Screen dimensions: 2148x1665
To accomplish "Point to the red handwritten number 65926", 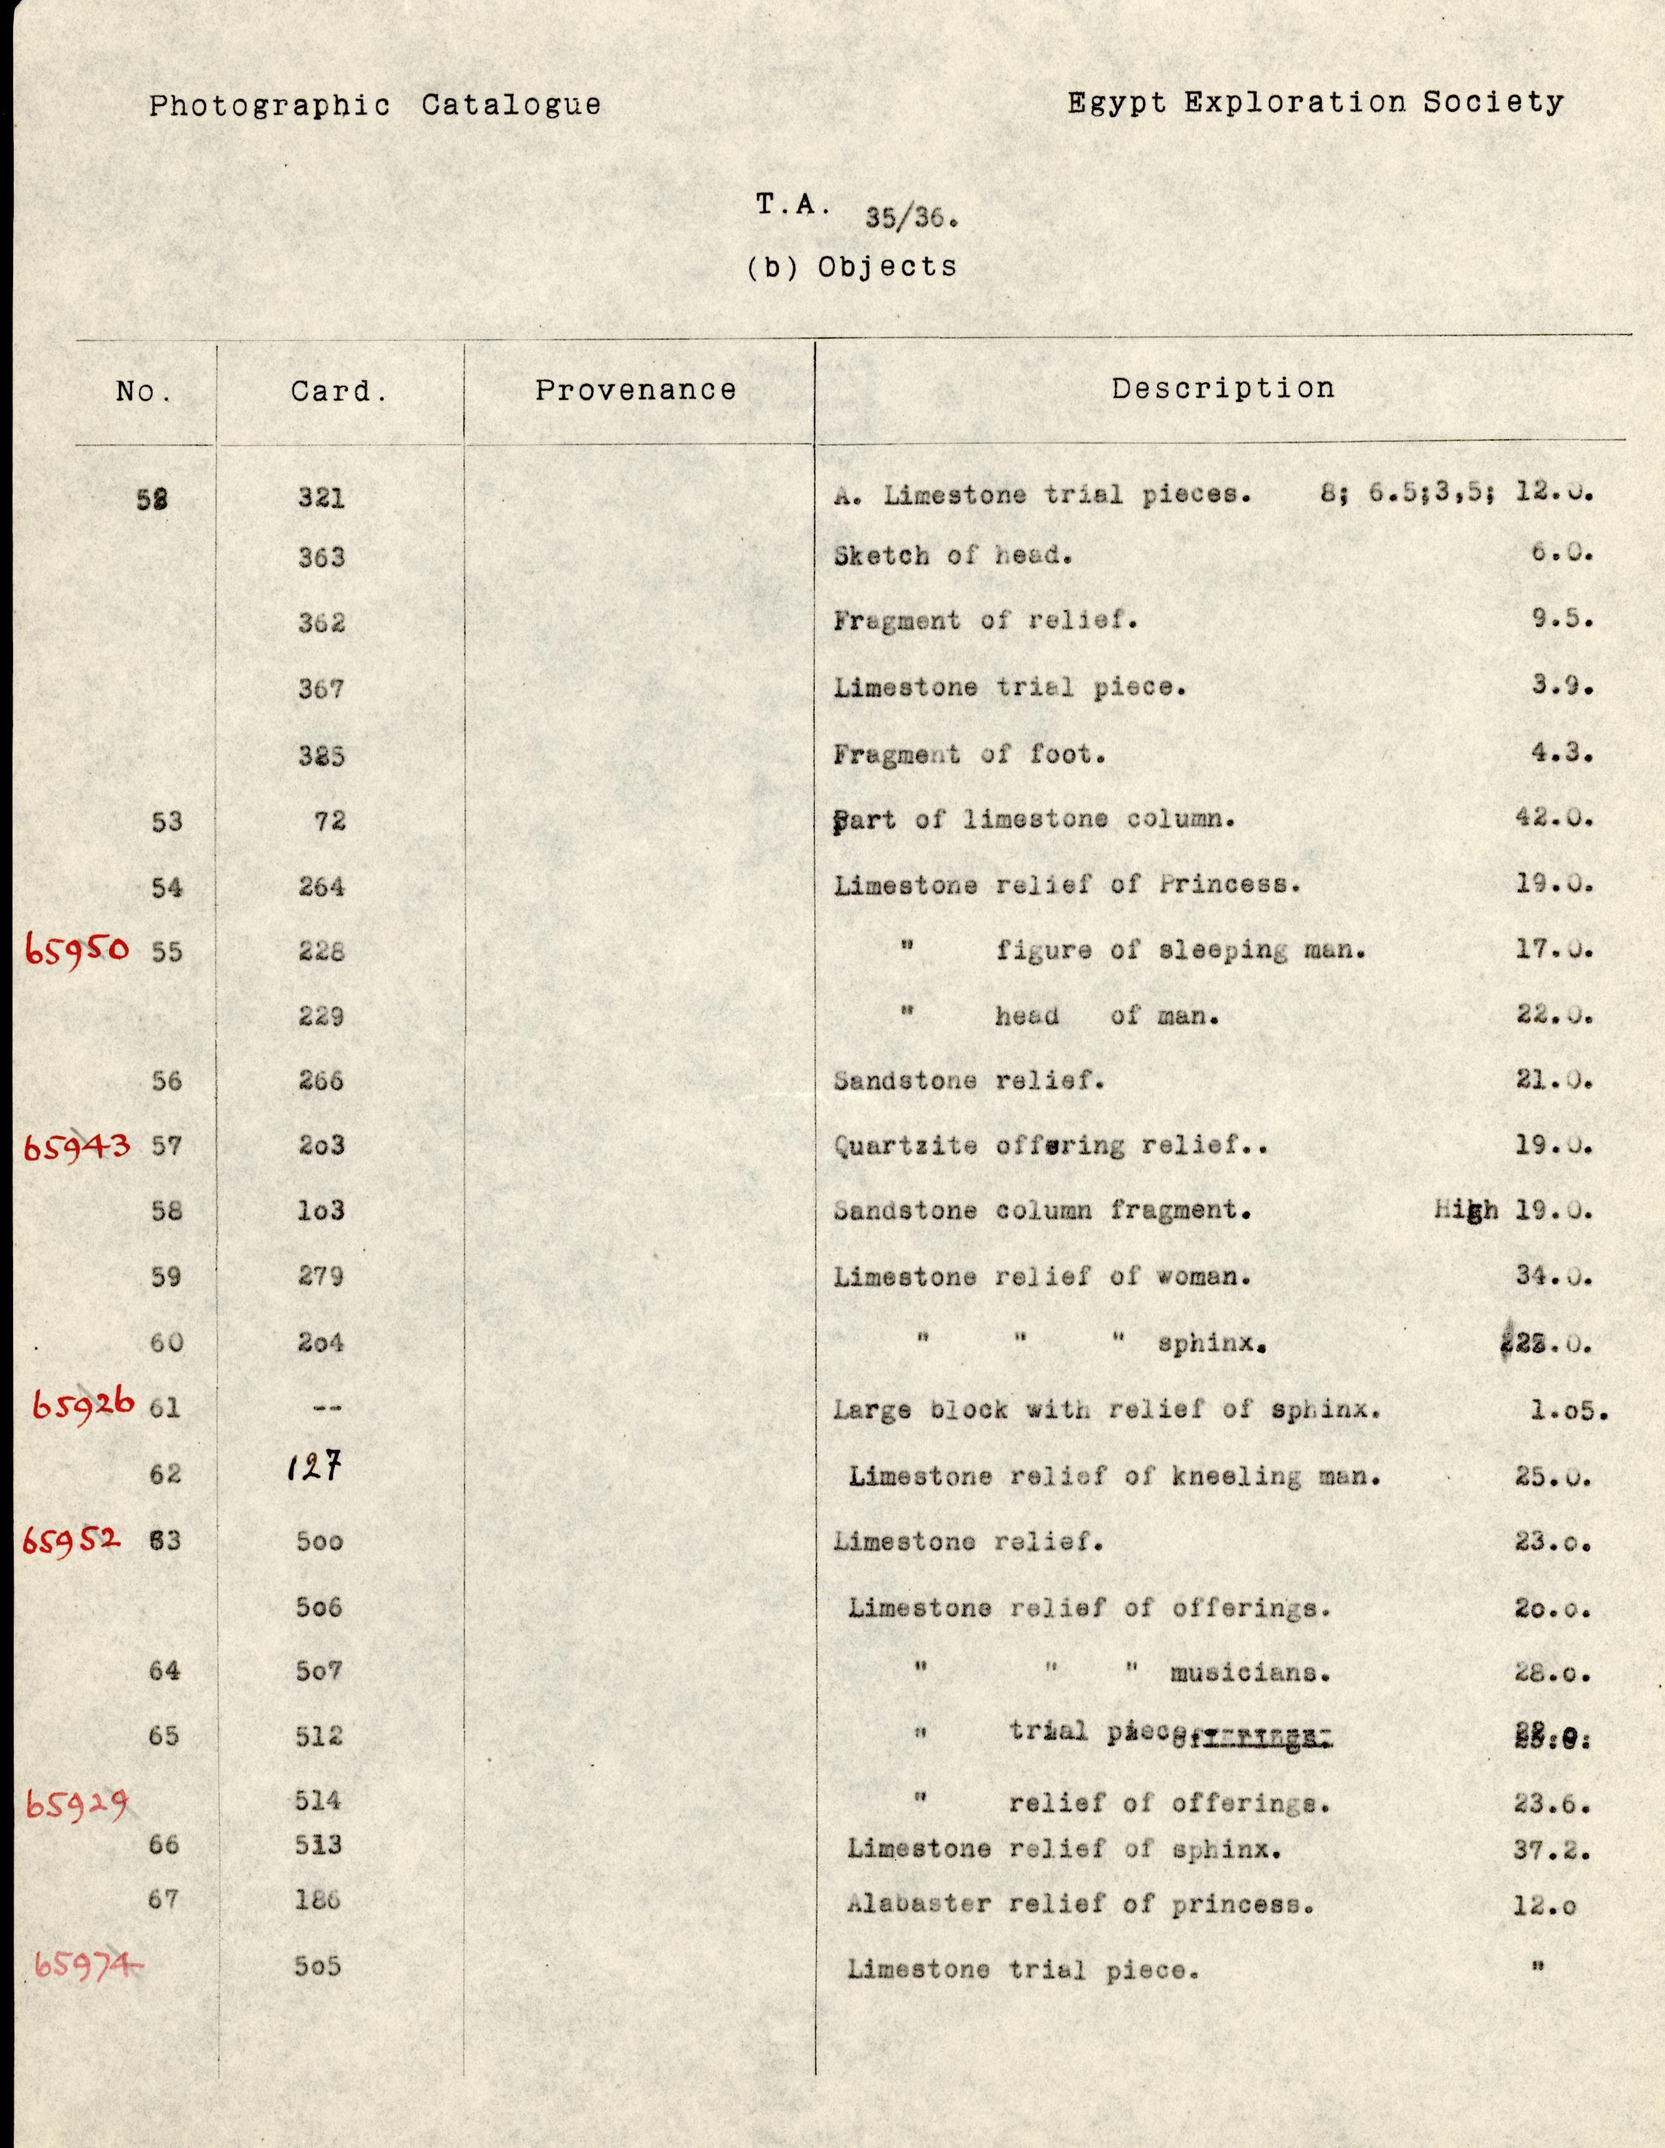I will (x=83, y=1406).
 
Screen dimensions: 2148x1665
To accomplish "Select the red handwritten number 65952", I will (x=72, y=1540).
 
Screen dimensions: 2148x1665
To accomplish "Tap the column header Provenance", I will (x=635, y=391).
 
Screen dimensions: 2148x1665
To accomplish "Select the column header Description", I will (x=1222, y=389).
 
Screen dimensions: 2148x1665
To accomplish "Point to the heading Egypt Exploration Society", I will (x=1315, y=103).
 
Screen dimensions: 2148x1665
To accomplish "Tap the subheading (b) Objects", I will (x=852, y=267).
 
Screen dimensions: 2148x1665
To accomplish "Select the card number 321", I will (x=322, y=499).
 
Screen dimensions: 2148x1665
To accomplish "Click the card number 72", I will (x=330, y=820).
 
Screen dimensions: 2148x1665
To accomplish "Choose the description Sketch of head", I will (x=952, y=556).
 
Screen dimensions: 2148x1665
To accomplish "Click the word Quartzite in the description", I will (x=906, y=1146).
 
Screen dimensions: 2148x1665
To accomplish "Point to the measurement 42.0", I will (x=1554, y=819).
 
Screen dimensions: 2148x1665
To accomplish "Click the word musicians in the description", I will (x=1250, y=1672).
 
